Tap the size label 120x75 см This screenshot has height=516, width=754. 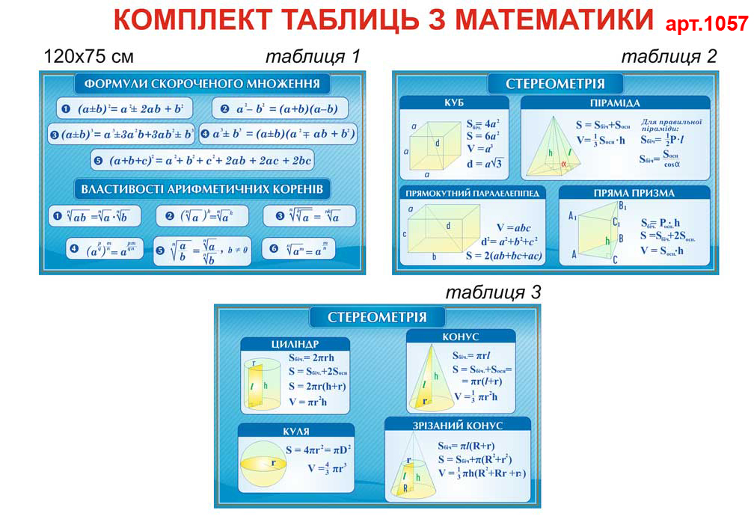[x=89, y=57]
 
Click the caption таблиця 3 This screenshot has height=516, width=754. [x=493, y=292]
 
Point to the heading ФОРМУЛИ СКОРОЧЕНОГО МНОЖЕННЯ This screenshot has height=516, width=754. [x=202, y=84]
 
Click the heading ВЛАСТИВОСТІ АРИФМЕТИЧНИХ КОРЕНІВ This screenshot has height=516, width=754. [x=202, y=188]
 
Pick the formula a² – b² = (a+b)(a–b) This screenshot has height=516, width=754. [x=278, y=109]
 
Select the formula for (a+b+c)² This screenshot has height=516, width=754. [x=202, y=160]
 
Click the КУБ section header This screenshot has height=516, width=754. [x=455, y=103]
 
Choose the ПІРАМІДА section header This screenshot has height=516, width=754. [x=614, y=103]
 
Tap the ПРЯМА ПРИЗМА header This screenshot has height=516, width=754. [x=634, y=193]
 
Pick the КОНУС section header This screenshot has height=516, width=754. [x=460, y=337]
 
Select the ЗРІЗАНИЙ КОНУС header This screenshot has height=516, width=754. [x=457, y=426]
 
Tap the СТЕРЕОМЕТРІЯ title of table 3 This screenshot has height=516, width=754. [x=377, y=317]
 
